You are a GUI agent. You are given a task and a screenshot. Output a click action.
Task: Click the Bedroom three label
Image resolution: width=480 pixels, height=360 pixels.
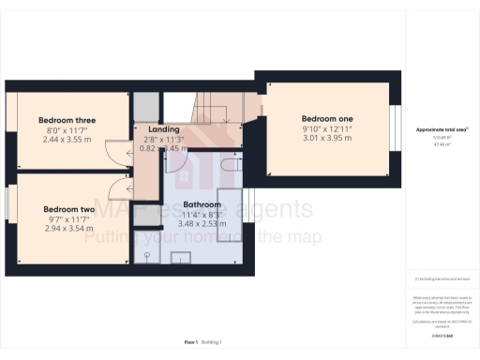click(x=67, y=120)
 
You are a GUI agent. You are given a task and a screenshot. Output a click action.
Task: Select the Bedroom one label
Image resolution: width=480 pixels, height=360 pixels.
click(x=327, y=119)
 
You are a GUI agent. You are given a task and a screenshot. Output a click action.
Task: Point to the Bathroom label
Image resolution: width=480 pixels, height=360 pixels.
click(x=202, y=203)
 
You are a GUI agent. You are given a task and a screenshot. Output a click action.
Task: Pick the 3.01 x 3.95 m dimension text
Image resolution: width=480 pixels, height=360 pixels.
click(x=327, y=138)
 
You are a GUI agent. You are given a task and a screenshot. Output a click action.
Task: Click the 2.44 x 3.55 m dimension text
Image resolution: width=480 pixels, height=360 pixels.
click(x=67, y=139)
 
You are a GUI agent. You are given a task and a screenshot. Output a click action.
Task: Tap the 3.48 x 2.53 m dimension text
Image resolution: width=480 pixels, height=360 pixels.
click(x=202, y=224)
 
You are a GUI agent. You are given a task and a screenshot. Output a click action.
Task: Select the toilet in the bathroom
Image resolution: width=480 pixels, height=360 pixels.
click(x=147, y=253)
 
